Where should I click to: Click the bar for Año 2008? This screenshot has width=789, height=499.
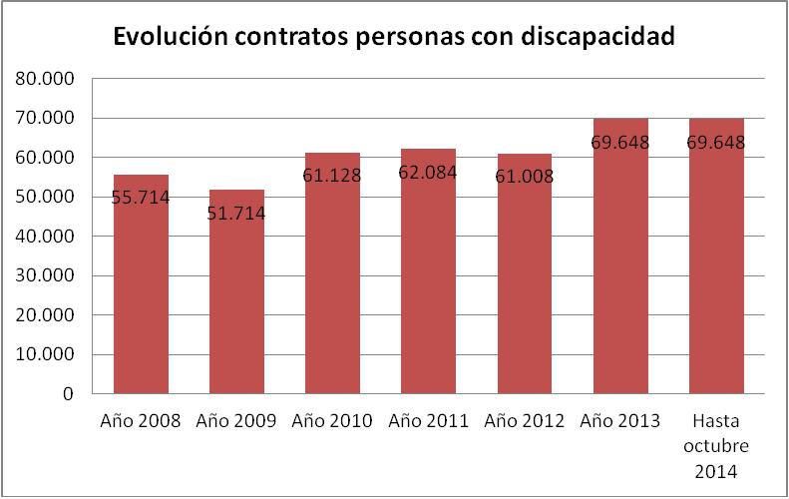141,289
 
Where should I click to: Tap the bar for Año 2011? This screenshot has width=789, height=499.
428,274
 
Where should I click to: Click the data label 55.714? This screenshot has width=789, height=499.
141,198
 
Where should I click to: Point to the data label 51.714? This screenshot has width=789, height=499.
236,213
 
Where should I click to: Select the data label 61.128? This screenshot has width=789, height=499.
332,176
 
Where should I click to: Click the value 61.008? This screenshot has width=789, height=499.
524,177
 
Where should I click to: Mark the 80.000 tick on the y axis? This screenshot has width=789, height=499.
48,79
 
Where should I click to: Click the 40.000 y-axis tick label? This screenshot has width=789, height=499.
48,237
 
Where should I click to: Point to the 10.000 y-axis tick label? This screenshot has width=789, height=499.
48,354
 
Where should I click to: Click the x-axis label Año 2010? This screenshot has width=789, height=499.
332,421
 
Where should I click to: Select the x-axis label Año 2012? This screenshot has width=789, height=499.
524,421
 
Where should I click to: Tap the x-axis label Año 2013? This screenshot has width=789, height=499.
619,421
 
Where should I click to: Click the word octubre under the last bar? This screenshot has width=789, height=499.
716,444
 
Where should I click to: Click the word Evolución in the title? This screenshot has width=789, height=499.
174,37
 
